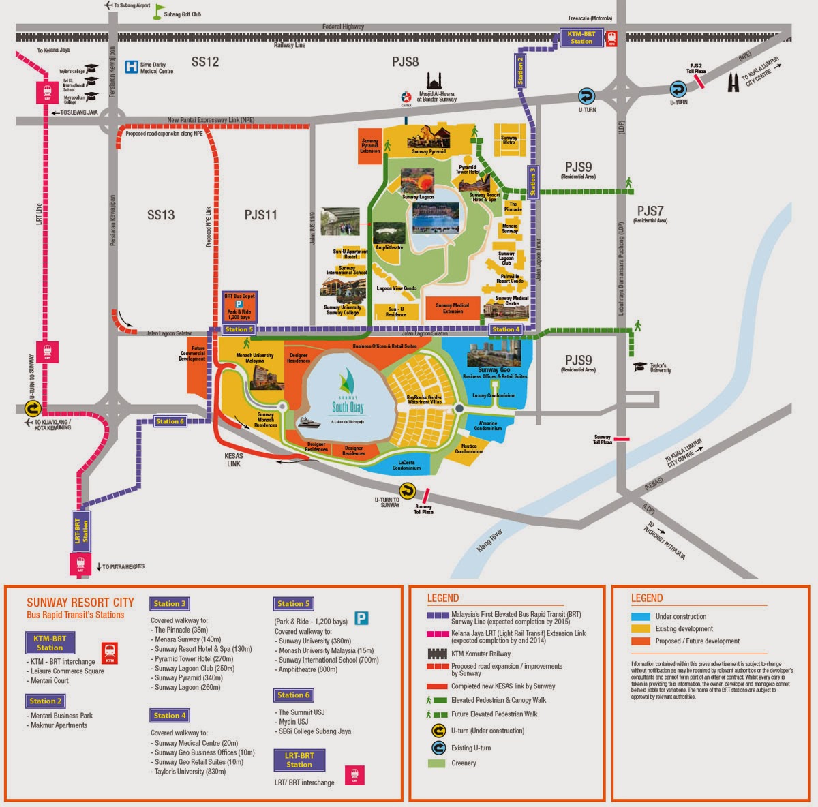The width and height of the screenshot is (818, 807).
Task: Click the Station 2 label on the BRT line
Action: coord(521,69)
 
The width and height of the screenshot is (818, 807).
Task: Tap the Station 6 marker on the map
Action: coord(170,421)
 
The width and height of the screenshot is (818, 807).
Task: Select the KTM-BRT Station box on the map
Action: coord(581,37)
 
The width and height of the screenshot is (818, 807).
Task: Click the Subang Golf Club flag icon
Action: coord(159,11)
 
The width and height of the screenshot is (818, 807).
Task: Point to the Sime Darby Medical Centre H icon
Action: coord(131,67)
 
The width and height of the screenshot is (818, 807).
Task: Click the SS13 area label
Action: coord(161,215)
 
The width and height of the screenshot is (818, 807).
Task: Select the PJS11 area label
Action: coord(261,215)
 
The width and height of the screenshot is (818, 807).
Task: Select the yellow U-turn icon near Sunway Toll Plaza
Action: coord(407,490)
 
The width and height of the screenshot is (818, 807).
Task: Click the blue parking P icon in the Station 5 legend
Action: coord(361,618)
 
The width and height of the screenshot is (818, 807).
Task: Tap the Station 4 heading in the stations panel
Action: coord(170,715)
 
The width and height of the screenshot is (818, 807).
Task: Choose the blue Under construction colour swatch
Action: coord(641,616)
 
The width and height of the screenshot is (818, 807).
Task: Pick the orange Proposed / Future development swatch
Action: coord(641,641)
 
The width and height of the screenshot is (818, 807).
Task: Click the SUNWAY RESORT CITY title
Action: coord(80,603)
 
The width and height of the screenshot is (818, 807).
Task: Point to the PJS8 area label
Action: coord(405,62)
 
